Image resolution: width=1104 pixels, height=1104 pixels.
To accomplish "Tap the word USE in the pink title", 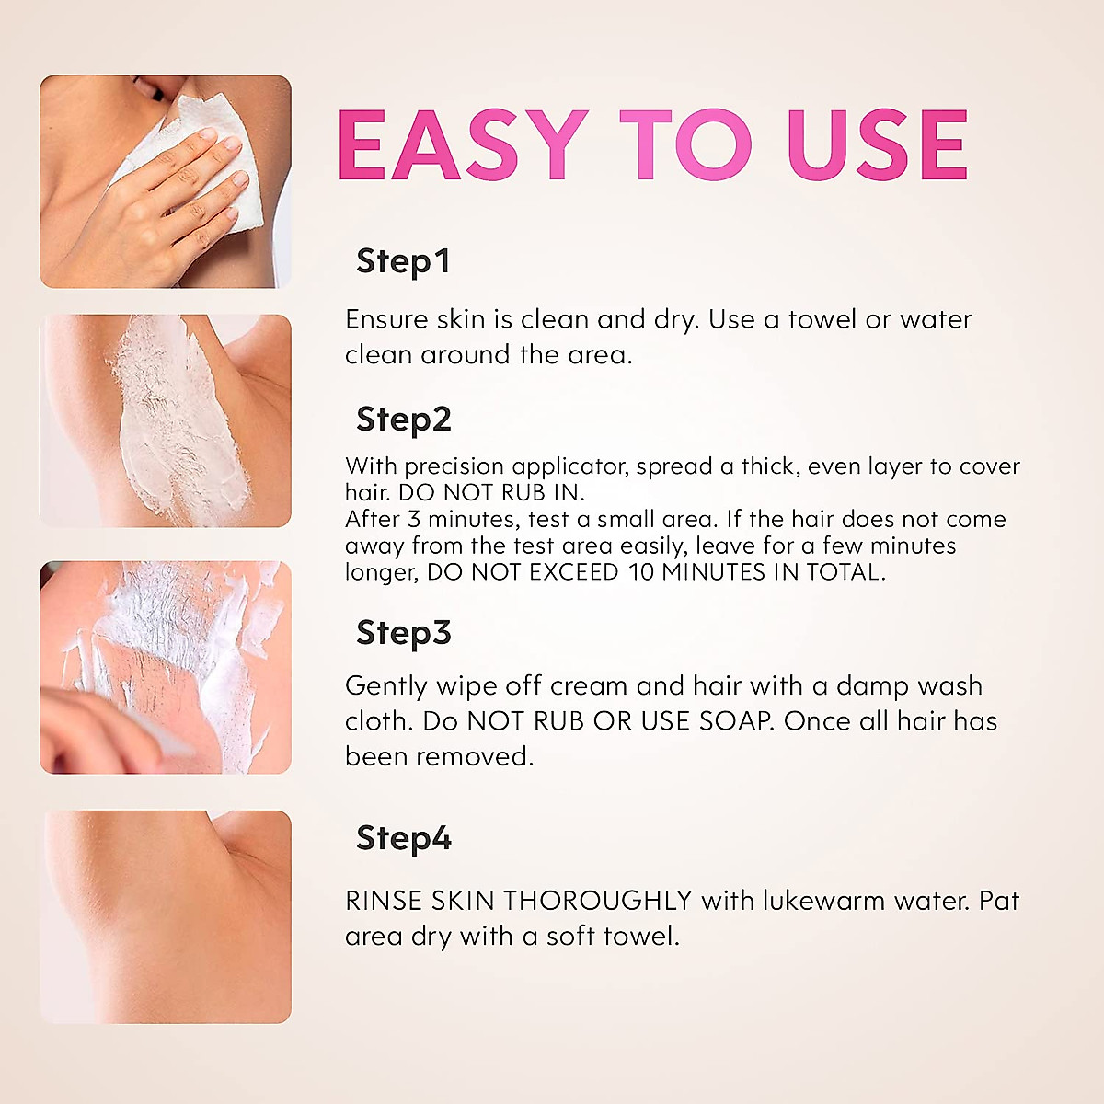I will pyautogui.click(x=877, y=145).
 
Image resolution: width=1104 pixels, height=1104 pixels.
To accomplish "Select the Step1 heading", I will pyautogui.click(x=403, y=261).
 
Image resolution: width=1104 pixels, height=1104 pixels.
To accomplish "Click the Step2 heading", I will pyautogui.click(x=403, y=420).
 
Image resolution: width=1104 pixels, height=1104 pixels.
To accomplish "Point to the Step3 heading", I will pyautogui.click(x=403, y=633).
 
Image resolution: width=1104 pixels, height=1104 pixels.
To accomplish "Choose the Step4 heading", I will pyautogui.click(x=403, y=838).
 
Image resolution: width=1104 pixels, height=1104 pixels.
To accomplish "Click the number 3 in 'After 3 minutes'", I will pyautogui.click(x=414, y=519).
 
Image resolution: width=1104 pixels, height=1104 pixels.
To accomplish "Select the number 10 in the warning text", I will pyautogui.click(x=641, y=572).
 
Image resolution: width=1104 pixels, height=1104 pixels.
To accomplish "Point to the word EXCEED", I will pyautogui.click(x=573, y=572).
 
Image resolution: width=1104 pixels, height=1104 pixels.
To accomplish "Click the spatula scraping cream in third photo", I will pyautogui.click(x=156, y=736).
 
